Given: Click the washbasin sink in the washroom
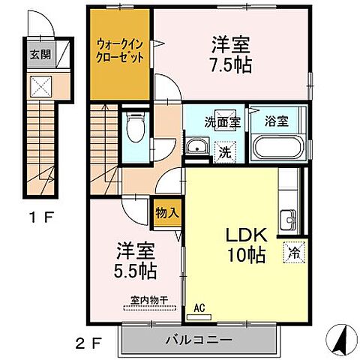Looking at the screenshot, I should [x=197, y=145].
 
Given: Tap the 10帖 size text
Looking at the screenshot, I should [x=245, y=256].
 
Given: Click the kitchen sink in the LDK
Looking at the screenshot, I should [x=288, y=220].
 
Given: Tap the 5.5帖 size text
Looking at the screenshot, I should [x=134, y=268].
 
